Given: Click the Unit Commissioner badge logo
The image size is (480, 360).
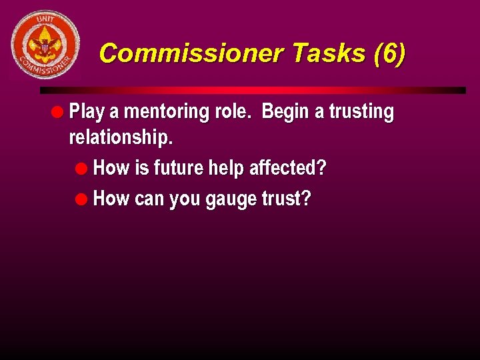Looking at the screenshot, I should tap(45, 45).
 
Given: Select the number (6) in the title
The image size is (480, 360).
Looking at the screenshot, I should tap(389, 53).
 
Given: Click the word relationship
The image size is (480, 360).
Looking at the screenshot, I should tap(120, 137).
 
